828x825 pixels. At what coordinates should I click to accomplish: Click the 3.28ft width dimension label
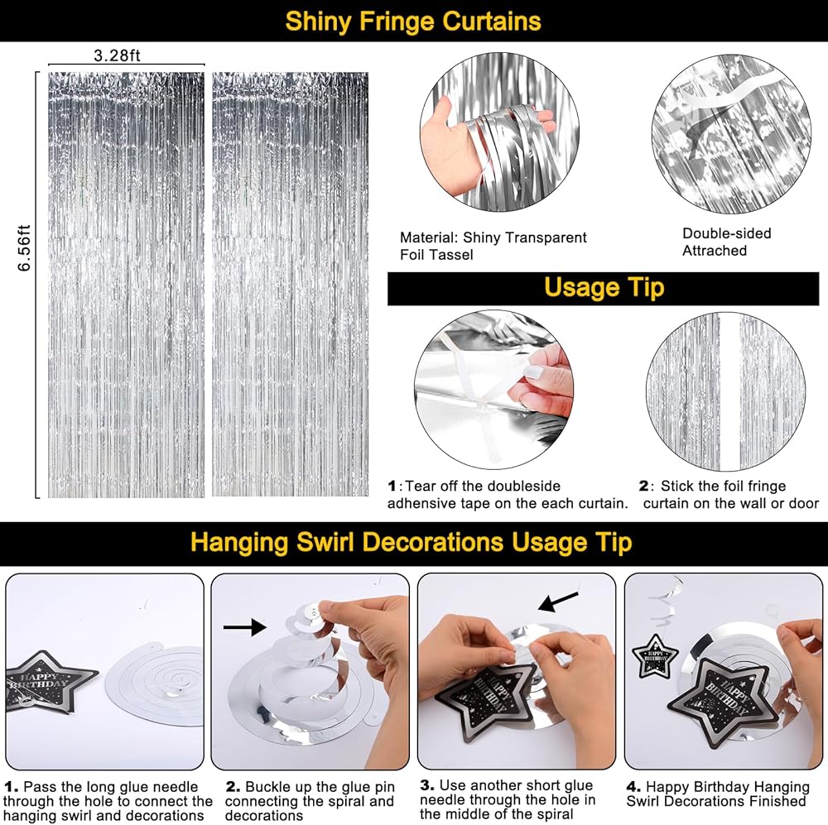click(117, 55)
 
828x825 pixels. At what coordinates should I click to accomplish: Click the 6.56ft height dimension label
click(24, 248)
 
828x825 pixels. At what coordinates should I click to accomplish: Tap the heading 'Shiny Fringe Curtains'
click(413, 22)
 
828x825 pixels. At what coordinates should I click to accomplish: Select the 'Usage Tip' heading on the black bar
click(604, 288)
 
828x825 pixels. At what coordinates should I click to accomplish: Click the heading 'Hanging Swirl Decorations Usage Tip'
click(411, 543)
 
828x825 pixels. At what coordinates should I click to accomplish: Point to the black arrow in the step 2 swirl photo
click(244, 627)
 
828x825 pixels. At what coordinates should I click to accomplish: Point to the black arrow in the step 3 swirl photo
click(558, 602)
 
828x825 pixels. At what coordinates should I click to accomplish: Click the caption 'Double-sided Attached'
click(727, 242)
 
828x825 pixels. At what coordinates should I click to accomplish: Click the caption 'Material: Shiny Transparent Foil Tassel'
click(493, 246)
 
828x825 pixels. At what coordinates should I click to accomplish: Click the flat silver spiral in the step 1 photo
click(154, 683)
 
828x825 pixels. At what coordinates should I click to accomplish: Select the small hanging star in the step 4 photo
click(654, 657)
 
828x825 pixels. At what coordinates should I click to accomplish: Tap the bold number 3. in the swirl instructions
click(427, 785)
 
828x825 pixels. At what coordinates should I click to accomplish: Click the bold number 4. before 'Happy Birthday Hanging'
click(633, 787)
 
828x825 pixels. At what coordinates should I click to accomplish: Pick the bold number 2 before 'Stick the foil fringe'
click(643, 486)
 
